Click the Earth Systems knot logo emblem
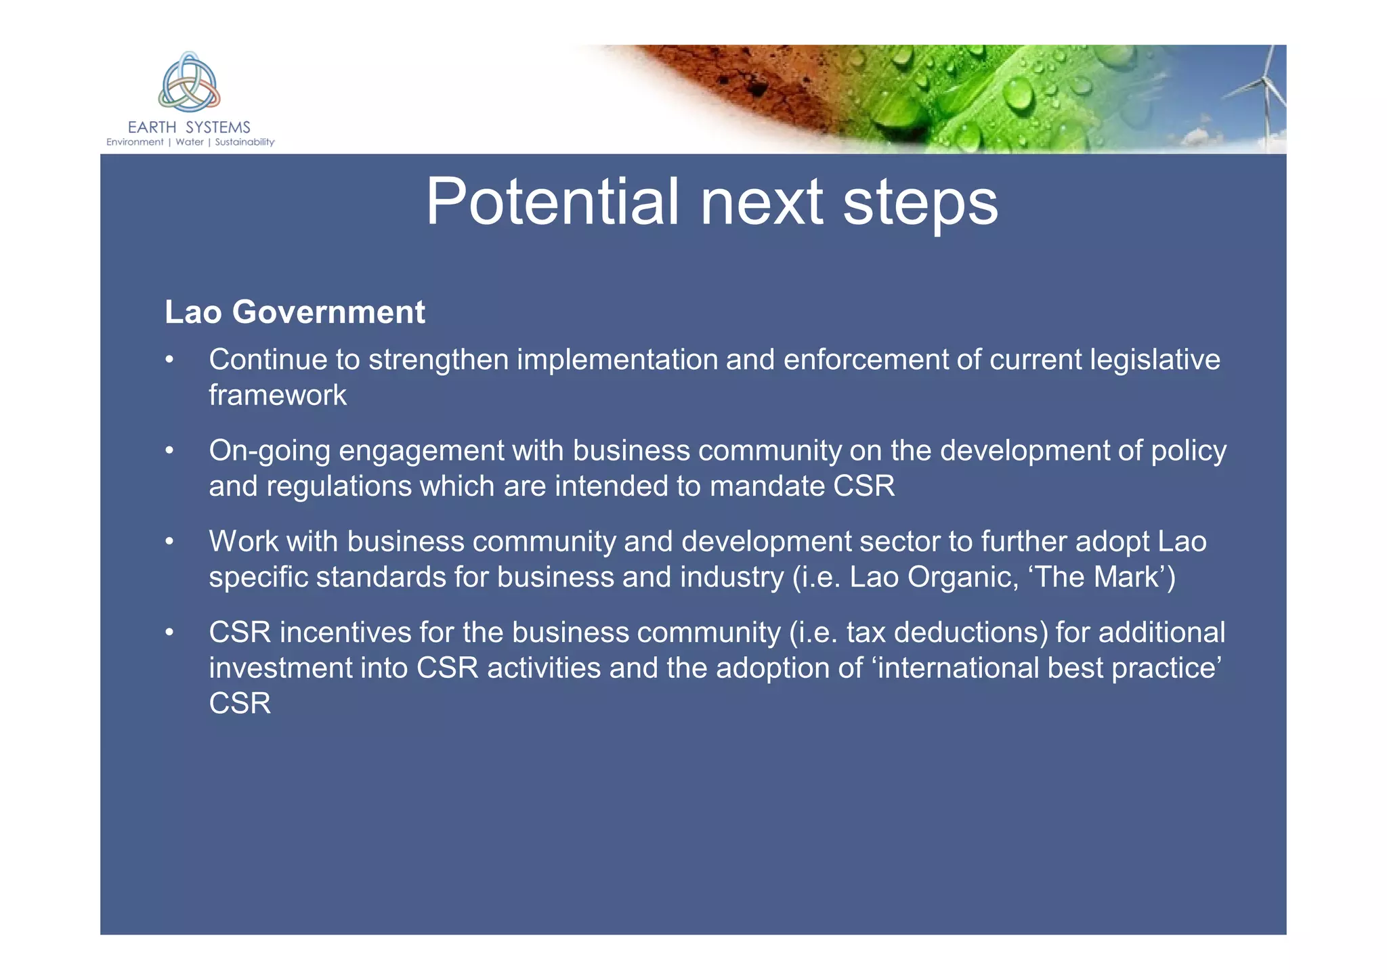[x=189, y=83]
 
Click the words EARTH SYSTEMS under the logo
[x=189, y=127]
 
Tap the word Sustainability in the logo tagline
[x=244, y=142]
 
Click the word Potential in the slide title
[x=551, y=202]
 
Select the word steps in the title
[x=920, y=202]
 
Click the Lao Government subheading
[x=295, y=312]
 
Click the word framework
[x=278, y=396]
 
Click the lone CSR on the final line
[x=240, y=704]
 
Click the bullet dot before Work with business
[x=170, y=542]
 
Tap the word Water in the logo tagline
[x=190, y=142]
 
